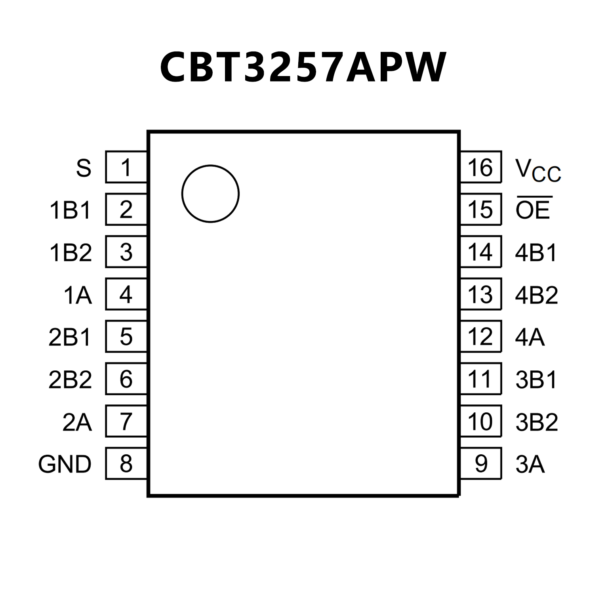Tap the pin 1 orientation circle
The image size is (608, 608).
pyautogui.click(x=210, y=194)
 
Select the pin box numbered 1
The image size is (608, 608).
pyautogui.click(x=126, y=167)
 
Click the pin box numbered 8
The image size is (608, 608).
pyautogui.click(x=126, y=463)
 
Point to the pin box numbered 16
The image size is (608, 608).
pyautogui.click(x=480, y=167)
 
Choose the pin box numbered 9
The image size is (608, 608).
pyautogui.click(x=480, y=463)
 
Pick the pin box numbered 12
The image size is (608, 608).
pyautogui.click(x=480, y=336)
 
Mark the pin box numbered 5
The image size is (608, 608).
pyautogui.click(x=126, y=336)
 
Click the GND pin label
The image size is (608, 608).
pyautogui.click(x=65, y=464)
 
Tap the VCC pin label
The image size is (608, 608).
pyautogui.click(x=538, y=170)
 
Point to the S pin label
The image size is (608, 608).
pyautogui.click(x=84, y=168)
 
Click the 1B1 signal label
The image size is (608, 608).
pyautogui.click(x=71, y=210)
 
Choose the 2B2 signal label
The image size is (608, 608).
pyautogui.click(x=70, y=379)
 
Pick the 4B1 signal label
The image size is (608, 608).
pyautogui.click(x=536, y=253)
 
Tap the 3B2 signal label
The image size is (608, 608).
pyautogui.click(x=537, y=422)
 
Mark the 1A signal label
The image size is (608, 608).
pyautogui.click(x=78, y=295)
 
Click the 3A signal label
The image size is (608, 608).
pyautogui.click(x=530, y=464)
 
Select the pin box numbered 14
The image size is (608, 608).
pyautogui.click(x=480, y=252)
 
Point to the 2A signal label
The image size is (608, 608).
pyautogui.click(x=77, y=422)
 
